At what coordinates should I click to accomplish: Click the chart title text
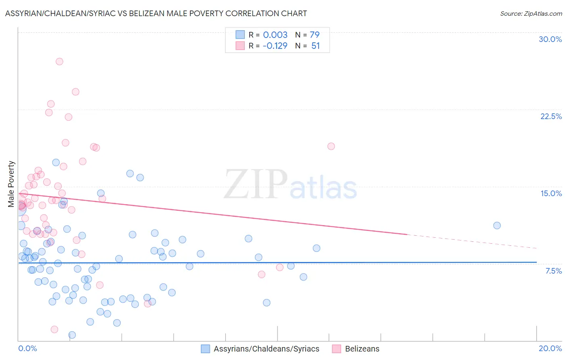(156, 14)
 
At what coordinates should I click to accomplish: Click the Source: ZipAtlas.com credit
(531, 14)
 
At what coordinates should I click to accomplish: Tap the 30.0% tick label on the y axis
(550, 39)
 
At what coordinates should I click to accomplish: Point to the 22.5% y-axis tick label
(551, 116)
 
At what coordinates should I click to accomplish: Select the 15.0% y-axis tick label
(551, 193)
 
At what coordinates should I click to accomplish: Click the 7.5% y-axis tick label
(553, 271)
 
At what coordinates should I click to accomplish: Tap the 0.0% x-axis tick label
(27, 348)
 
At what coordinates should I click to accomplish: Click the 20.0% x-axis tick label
(550, 348)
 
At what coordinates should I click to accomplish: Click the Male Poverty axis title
(11, 184)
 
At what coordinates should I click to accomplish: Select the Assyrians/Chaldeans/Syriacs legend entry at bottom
(266, 349)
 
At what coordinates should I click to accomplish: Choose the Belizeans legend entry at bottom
(362, 349)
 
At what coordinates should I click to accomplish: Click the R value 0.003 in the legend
(275, 35)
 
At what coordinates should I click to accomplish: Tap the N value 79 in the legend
(315, 35)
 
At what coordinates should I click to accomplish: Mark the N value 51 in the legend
(315, 46)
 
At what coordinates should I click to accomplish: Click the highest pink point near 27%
(59, 62)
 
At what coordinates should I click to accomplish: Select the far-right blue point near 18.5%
(497, 226)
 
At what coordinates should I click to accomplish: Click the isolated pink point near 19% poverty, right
(331, 146)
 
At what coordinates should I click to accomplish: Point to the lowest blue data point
(72, 335)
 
